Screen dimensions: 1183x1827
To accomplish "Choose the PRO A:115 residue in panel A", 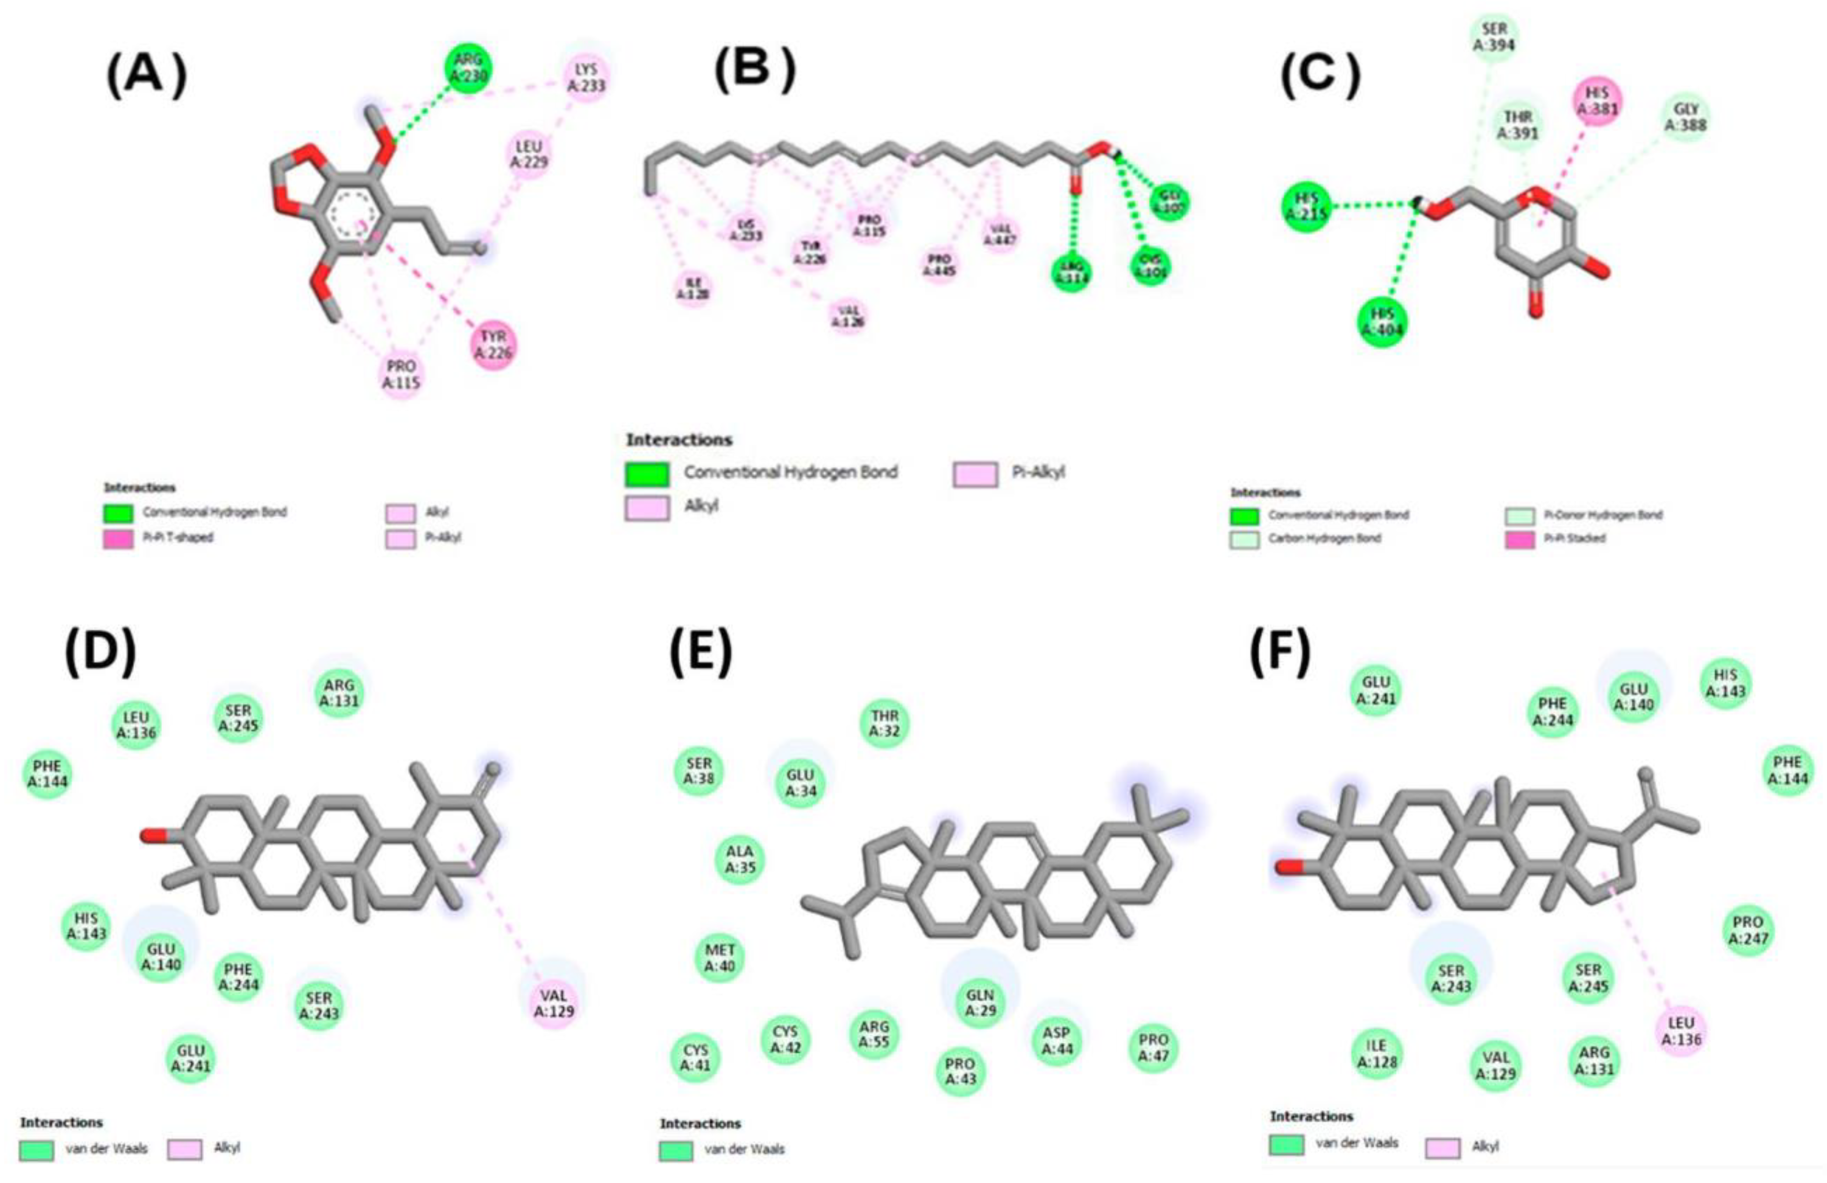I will click(401, 374).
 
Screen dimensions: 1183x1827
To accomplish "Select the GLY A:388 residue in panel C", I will click(1686, 117).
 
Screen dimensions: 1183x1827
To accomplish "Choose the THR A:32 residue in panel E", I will click(885, 723).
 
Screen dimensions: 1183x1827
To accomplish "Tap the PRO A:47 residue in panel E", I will click(1153, 1048).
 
